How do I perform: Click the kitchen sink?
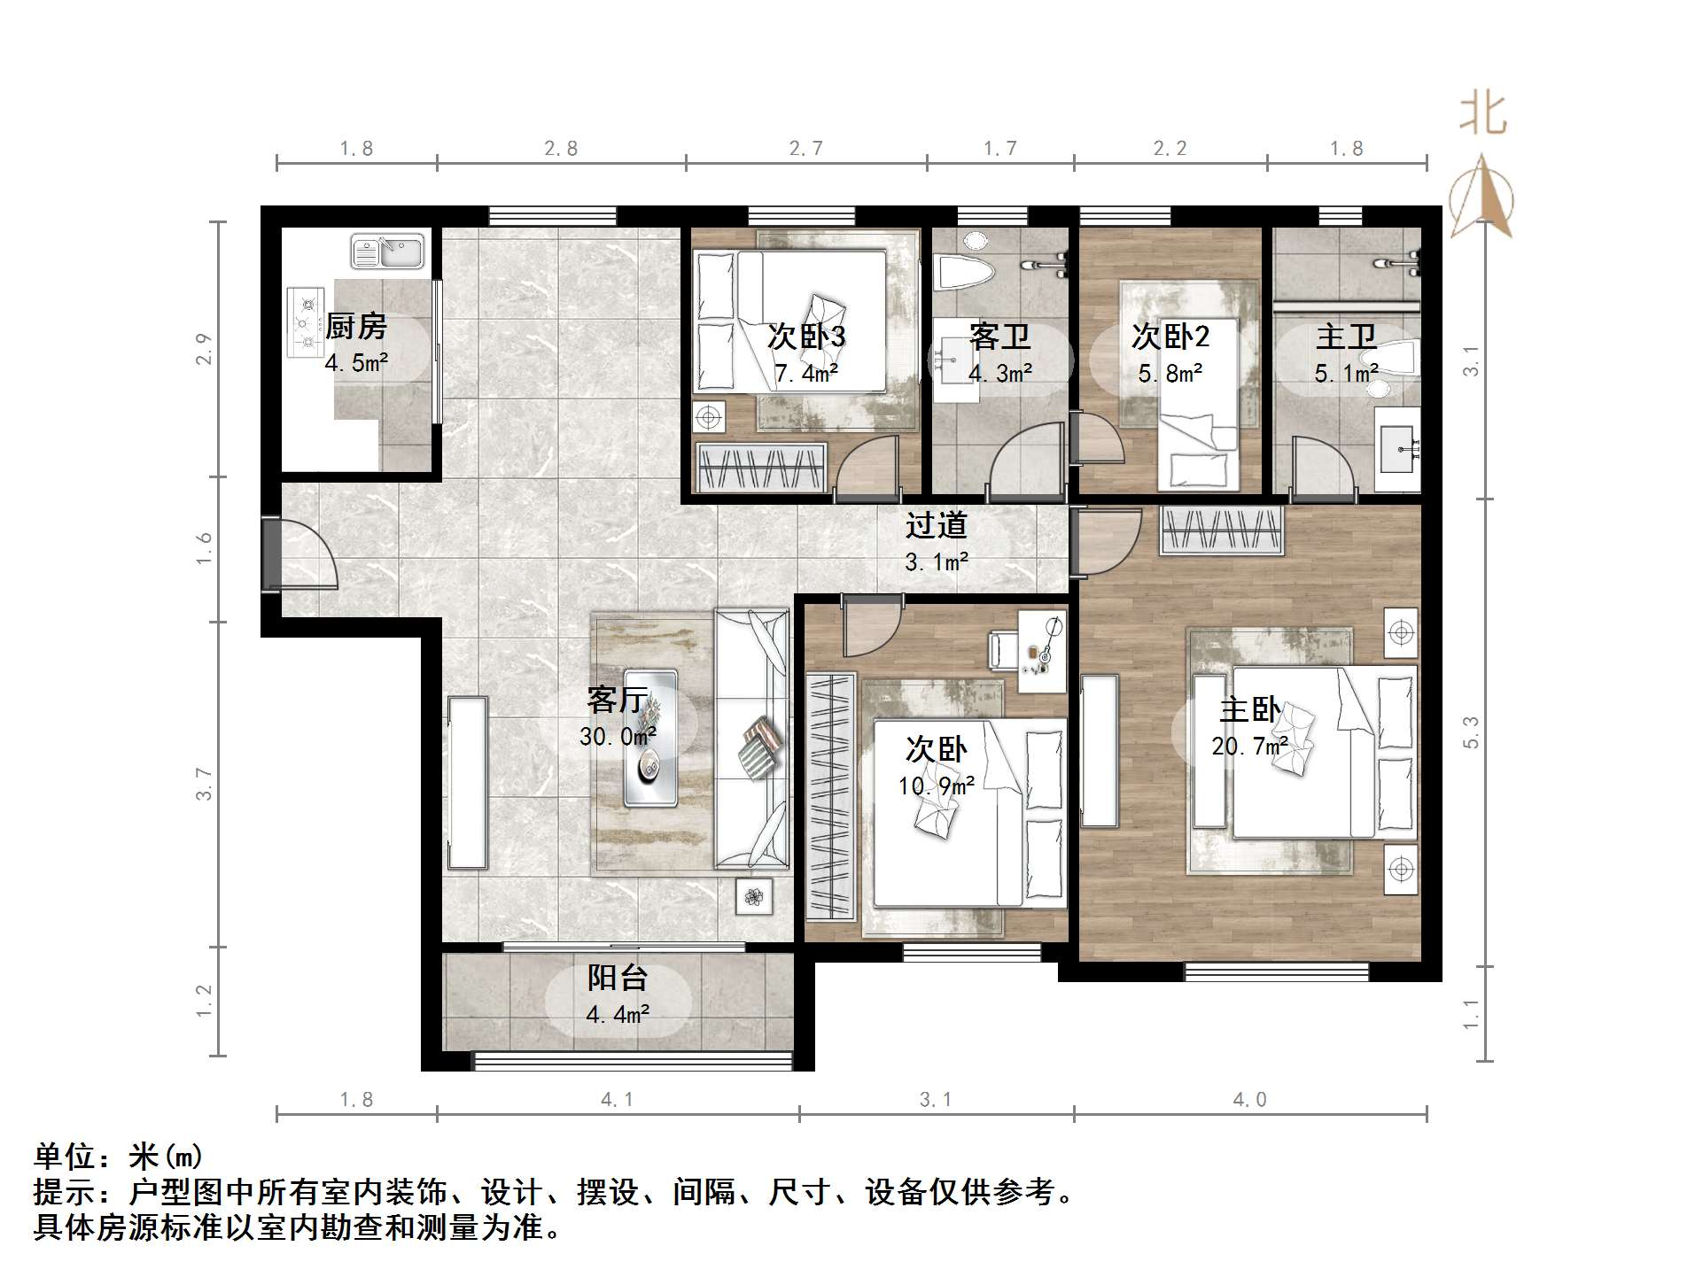[x=387, y=251]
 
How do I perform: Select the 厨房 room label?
[x=356, y=327]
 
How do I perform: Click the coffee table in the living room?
[x=650, y=739]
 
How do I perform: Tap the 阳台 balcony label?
[x=618, y=979]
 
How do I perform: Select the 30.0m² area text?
[x=618, y=737]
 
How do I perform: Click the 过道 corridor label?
[x=936, y=526]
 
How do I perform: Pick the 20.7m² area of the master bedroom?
[x=1249, y=747]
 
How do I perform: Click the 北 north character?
[x=1482, y=115]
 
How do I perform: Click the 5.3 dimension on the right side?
[x=1472, y=732]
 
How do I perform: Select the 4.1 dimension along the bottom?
[x=618, y=1101]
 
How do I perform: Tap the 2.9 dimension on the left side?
[x=205, y=349]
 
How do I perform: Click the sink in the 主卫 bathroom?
[x=1397, y=450]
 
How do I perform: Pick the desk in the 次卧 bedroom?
[x=1042, y=651]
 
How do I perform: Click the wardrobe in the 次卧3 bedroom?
[x=762, y=467]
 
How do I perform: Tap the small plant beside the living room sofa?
[x=754, y=897]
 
